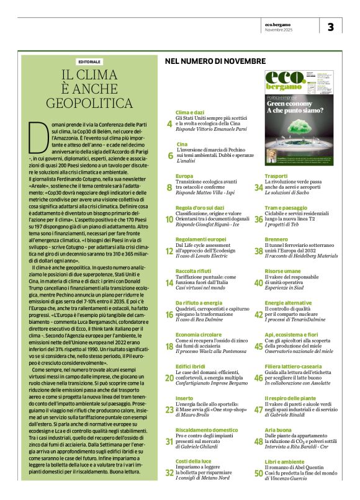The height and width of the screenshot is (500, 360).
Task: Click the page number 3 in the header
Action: (x=330, y=27)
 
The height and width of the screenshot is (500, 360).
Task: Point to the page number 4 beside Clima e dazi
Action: (x=170, y=124)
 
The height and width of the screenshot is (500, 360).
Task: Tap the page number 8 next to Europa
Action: (x=170, y=187)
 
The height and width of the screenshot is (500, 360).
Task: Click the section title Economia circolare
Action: (x=199, y=334)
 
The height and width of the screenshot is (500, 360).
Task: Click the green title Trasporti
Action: (x=275, y=176)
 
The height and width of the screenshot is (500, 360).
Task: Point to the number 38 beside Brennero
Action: (x=259, y=251)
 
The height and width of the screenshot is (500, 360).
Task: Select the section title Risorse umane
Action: (x=283, y=271)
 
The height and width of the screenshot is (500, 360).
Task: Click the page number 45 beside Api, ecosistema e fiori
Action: (x=259, y=346)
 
